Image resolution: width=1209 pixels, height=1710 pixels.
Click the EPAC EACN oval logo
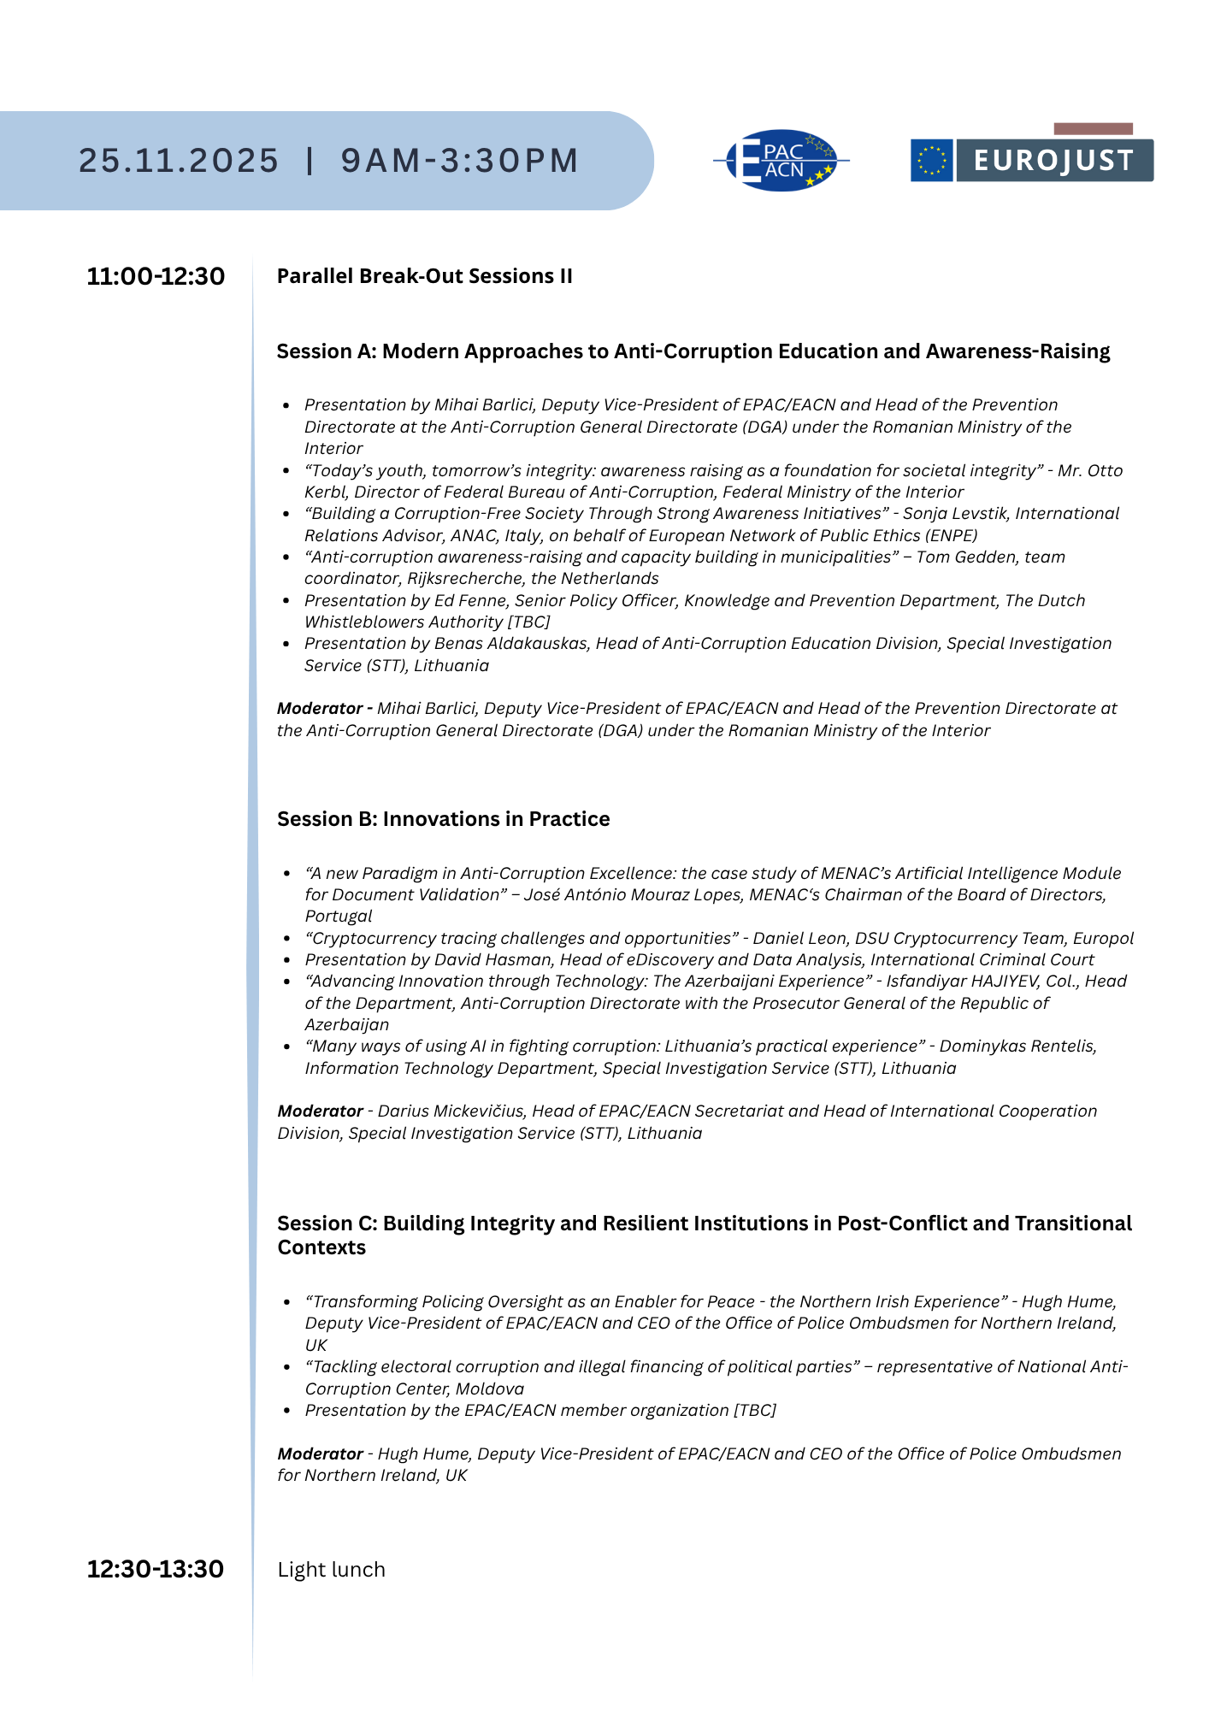[x=781, y=161]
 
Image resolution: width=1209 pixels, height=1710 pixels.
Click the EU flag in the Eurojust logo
[x=931, y=161]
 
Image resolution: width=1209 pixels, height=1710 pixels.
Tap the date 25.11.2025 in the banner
[x=179, y=161]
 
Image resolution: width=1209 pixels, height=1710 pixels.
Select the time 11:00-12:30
[x=156, y=277]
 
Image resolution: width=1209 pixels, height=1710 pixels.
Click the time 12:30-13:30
[x=156, y=1570]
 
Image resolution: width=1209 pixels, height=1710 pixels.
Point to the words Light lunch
[x=331, y=1570]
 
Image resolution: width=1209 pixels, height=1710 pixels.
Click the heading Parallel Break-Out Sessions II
[x=424, y=276]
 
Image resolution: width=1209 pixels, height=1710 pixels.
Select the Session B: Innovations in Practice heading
[x=443, y=819]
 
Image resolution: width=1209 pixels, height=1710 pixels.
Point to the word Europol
[x=1103, y=939]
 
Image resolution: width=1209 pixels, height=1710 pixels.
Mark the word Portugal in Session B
[x=339, y=917]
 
